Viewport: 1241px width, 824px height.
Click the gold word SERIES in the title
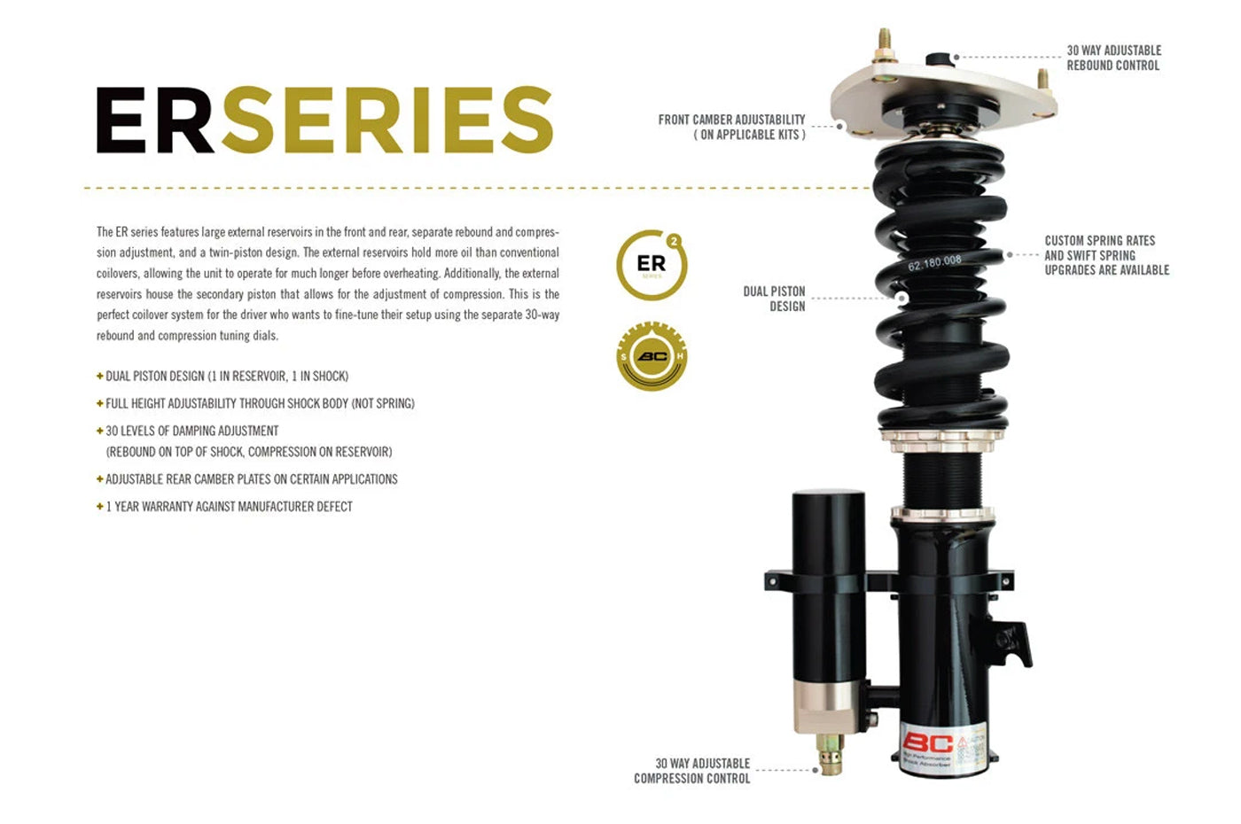(387, 120)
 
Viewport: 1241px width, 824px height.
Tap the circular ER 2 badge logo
(652, 265)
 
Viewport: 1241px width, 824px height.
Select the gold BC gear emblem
(652, 356)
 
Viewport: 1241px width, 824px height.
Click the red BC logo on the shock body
(927, 742)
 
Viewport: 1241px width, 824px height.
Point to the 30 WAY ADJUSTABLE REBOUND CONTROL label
(1113, 58)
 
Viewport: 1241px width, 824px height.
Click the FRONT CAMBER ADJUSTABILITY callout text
(731, 127)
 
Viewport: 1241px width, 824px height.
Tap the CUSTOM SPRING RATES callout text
(1106, 255)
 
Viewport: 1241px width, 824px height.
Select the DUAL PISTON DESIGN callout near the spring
(774, 299)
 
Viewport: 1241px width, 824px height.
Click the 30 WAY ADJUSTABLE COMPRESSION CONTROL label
(692, 771)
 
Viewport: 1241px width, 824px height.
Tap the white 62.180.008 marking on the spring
(934, 262)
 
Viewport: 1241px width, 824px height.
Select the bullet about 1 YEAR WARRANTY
(229, 507)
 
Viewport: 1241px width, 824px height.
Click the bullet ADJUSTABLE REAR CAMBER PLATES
(251, 479)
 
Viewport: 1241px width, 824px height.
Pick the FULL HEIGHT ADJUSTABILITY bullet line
(260, 403)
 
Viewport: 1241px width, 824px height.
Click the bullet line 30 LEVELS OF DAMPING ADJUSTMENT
(192, 431)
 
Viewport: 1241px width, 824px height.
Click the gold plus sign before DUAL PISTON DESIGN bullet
(100, 376)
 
